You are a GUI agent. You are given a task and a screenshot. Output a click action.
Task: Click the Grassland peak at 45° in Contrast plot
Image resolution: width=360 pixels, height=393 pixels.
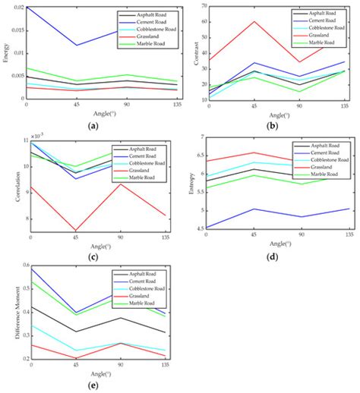[x=254, y=21]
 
